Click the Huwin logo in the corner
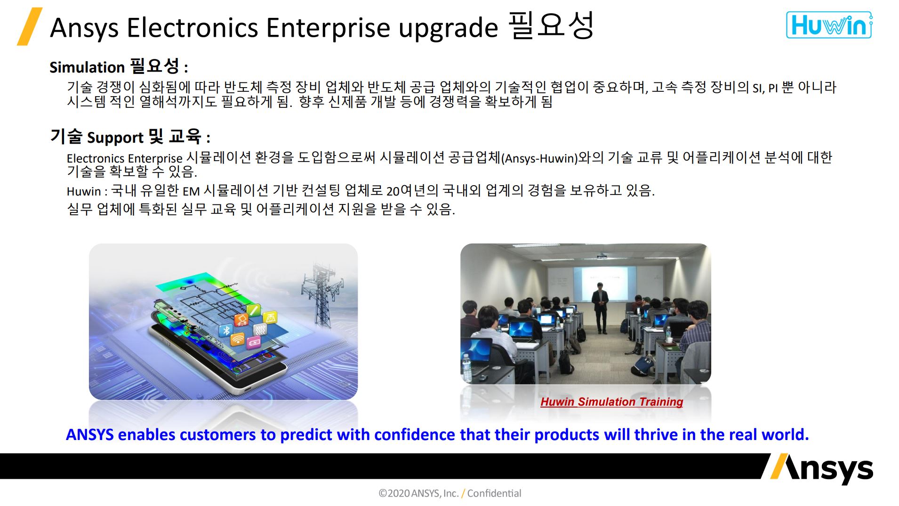click(828, 25)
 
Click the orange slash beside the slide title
click(29, 26)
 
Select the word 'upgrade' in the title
click(448, 28)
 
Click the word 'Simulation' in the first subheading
click(87, 67)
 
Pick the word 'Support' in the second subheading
click(115, 138)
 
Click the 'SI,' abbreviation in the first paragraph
click(758, 88)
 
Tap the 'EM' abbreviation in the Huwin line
click(191, 191)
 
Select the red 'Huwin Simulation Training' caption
click(611, 402)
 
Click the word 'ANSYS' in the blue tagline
click(89, 434)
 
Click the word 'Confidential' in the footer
click(494, 493)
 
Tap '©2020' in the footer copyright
click(393, 493)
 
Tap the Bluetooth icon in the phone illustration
click(226, 330)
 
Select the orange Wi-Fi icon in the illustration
click(238, 338)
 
